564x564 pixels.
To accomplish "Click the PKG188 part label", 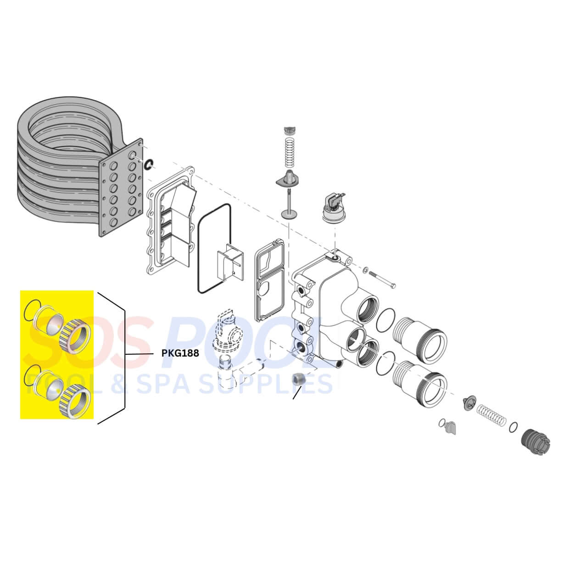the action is click(180, 353).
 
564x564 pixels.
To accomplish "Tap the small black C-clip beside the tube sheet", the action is click(148, 164).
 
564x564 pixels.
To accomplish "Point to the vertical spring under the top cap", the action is click(289, 151).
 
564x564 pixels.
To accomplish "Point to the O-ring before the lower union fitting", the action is click(385, 364).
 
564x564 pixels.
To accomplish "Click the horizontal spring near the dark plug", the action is click(491, 415).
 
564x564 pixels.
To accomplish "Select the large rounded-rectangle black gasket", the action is click(214, 248).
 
